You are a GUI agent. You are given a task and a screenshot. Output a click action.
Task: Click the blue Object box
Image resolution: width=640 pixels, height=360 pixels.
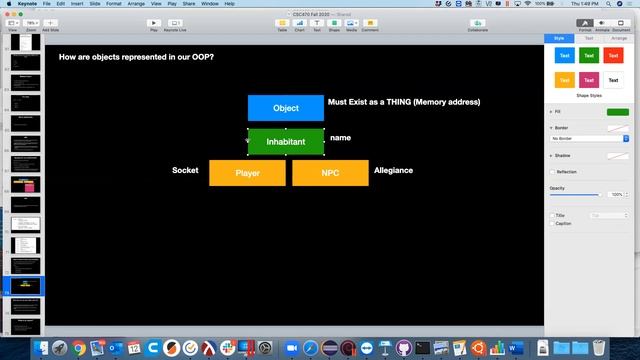pos(285,108)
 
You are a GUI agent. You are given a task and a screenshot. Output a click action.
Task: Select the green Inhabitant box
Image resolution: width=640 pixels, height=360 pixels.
pos(285,142)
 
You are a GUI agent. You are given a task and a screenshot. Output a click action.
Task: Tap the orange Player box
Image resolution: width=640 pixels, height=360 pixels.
pos(247,173)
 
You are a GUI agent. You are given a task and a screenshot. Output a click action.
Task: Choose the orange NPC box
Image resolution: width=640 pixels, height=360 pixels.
pos(330,173)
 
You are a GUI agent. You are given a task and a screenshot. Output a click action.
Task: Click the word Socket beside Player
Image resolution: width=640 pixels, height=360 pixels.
pos(185,170)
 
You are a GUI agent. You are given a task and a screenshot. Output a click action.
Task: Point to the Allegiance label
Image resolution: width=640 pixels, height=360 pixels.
pos(393,170)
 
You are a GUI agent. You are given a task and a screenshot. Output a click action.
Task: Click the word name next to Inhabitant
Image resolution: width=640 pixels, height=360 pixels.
pos(340,137)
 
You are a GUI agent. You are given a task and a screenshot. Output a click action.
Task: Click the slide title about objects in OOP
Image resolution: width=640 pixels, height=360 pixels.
pos(136,57)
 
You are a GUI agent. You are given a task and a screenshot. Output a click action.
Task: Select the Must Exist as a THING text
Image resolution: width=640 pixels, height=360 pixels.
pos(404,102)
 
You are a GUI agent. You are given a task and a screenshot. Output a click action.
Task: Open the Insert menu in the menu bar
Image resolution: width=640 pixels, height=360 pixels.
pos(76,4)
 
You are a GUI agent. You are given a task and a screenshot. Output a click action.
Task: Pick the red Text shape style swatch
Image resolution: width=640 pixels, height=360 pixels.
pos(612,56)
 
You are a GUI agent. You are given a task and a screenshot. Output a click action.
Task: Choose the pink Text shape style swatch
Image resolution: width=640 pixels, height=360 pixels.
pos(589,80)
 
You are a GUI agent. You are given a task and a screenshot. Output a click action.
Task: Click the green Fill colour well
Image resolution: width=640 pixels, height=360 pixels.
pos(617,112)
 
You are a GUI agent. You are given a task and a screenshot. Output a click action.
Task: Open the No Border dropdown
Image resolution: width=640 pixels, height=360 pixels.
pos(589,138)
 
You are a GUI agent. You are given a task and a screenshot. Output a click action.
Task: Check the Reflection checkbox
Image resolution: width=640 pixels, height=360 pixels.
pos(552,172)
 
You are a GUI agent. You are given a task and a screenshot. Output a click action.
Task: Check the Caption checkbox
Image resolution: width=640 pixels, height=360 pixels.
pos(552,223)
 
